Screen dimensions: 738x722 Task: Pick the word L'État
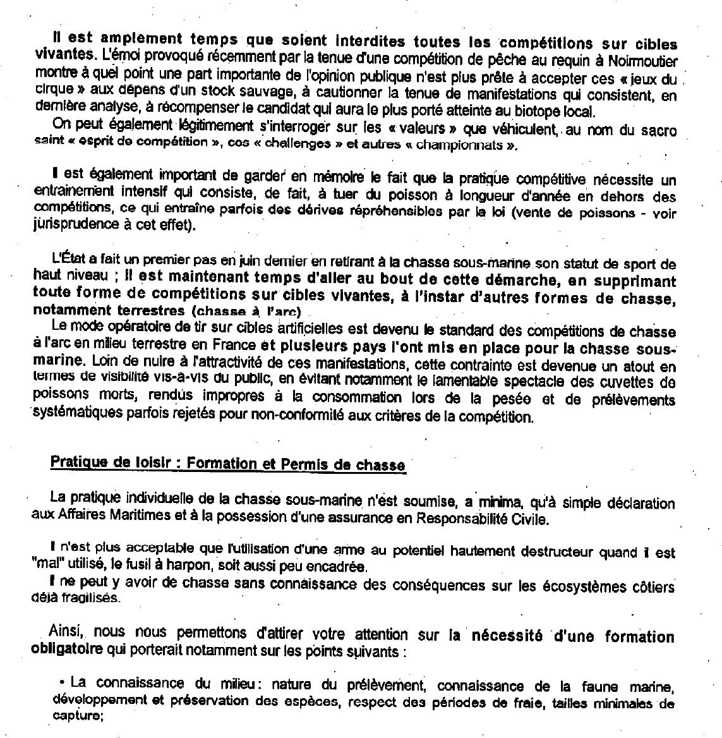[x=69, y=260]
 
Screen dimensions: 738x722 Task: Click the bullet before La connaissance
[x=63, y=683]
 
